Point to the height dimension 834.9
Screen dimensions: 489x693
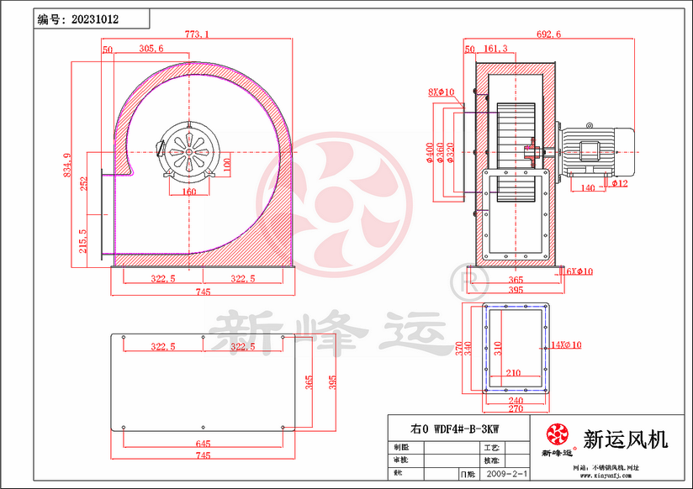pyautogui.click(x=66, y=166)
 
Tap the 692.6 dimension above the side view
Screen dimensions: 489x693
pyautogui.click(x=548, y=34)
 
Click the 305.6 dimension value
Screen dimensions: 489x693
pyautogui.click(x=151, y=50)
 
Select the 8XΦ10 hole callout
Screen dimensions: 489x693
pyautogui.click(x=441, y=92)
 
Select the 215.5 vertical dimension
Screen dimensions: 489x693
pyautogui.click(x=82, y=243)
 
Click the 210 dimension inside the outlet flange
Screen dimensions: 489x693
pyautogui.click(x=515, y=373)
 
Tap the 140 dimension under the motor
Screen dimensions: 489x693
pyautogui.click(x=588, y=188)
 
